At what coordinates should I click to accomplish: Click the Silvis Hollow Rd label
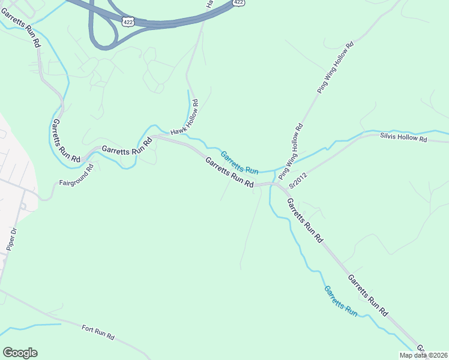(x=403, y=138)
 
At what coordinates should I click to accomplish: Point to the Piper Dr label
(x=11, y=239)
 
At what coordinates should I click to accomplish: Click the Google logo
(x=20, y=352)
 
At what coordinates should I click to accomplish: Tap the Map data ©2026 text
(x=423, y=355)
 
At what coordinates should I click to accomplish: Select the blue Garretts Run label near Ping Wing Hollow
(x=239, y=163)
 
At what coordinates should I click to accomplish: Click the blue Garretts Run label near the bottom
(x=341, y=301)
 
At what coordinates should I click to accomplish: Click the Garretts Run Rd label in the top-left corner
(x=21, y=28)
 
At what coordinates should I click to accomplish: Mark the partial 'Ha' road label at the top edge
(x=209, y=4)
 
